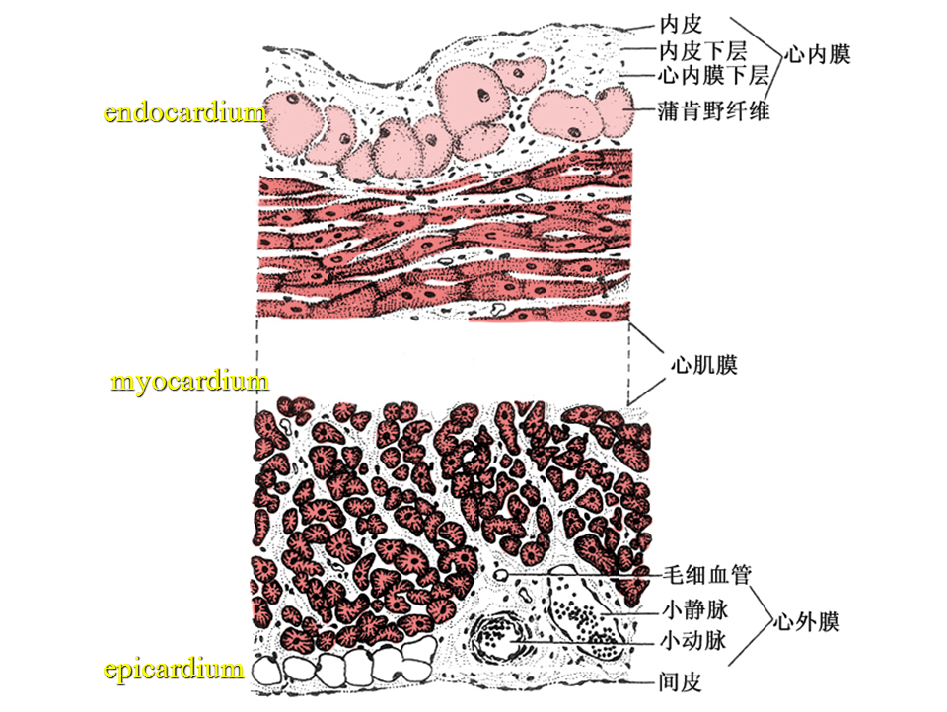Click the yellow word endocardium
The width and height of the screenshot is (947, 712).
(184, 111)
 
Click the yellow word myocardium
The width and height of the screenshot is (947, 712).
(189, 381)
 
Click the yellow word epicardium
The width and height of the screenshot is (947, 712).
(174, 670)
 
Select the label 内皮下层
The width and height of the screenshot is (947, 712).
(702, 48)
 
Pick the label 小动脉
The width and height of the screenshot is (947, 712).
(692, 643)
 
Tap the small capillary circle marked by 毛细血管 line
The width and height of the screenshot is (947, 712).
(502, 573)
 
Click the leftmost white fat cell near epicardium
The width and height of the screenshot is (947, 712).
(268, 672)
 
